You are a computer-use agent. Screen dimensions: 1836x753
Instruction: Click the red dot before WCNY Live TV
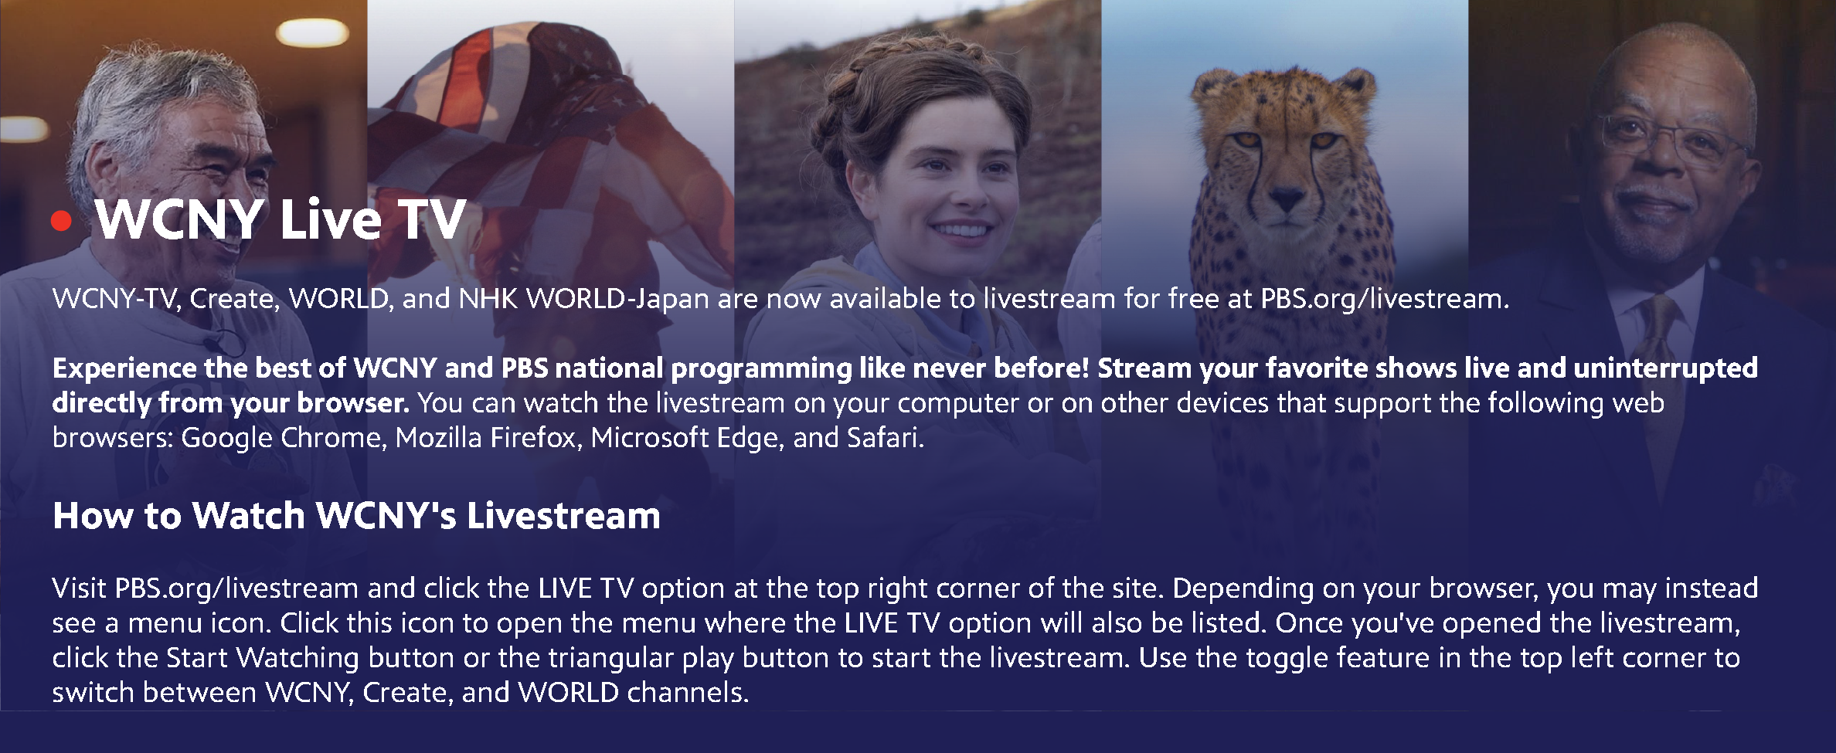(61, 222)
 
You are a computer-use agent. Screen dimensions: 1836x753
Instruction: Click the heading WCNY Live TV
(280, 219)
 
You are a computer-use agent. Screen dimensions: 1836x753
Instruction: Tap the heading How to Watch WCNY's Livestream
(356, 516)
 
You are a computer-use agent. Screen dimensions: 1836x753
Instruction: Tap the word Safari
(886, 438)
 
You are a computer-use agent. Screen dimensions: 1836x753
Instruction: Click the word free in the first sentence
(1193, 299)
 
